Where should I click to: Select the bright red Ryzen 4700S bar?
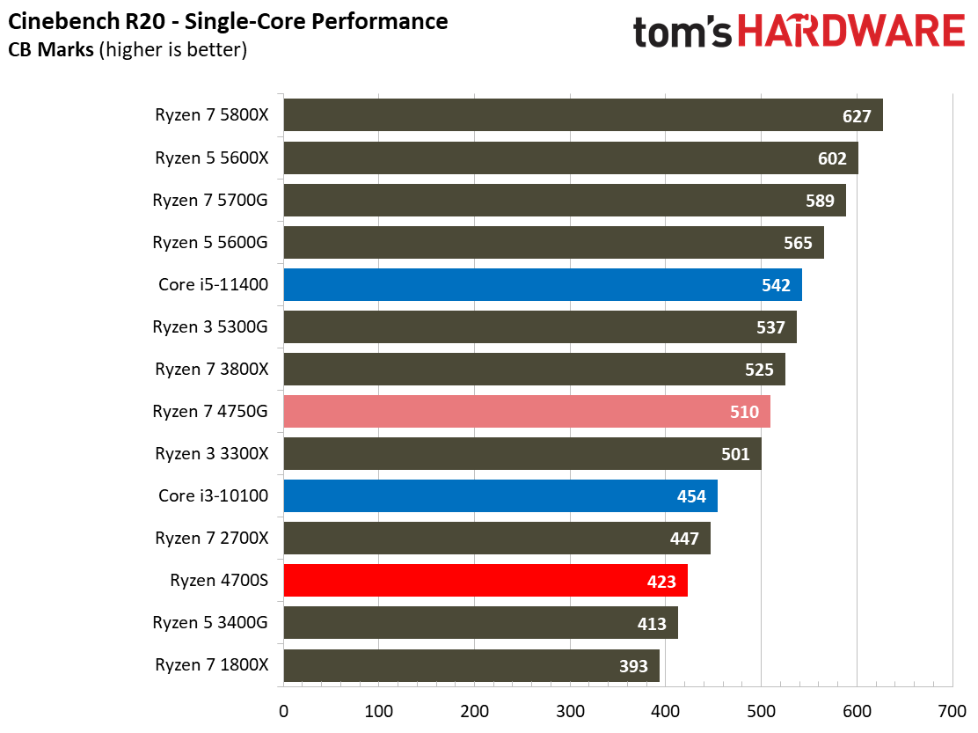coord(485,580)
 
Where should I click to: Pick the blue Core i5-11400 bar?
coord(542,284)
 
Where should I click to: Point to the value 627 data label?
coord(856,116)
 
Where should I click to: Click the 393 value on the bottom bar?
coord(633,666)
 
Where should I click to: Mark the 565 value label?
coord(798,243)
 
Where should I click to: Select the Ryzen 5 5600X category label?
coord(211,158)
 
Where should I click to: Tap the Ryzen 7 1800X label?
coord(211,665)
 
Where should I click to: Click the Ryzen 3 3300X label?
coord(211,454)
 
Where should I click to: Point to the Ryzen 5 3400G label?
coord(210,623)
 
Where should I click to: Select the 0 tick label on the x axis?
coord(283,710)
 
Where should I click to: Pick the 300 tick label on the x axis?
coord(570,710)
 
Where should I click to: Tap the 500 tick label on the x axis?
coord(761,710)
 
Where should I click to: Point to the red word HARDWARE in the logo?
coord(851,33)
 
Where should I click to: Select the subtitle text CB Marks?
coord(50,50)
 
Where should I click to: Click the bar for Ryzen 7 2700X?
coord(496,538)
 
